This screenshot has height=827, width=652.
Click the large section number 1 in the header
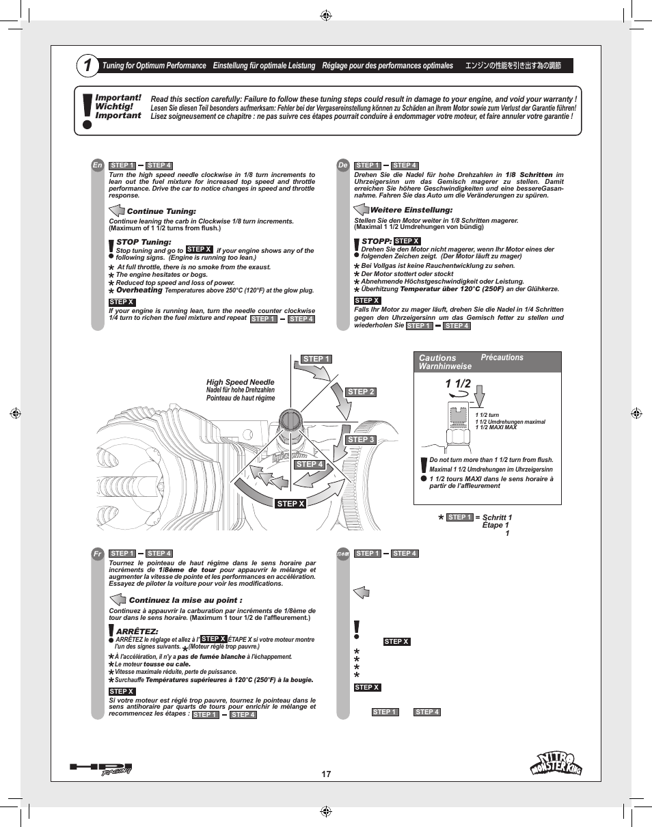point(87,66)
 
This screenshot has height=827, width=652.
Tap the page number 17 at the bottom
point(326,774)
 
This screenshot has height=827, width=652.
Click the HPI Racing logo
point(100,769)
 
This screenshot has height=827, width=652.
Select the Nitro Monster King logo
point(556,763)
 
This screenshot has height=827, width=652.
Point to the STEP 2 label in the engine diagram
point(361,392)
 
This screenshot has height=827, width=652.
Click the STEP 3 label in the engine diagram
point(361,439)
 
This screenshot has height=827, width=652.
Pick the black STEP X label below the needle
point(290,504)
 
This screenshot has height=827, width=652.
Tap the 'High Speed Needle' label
point(241,382)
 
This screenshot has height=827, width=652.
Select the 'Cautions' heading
point(437,357)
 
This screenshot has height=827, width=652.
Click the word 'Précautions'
point(502,357)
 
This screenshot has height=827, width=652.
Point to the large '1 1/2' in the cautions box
point(457,383)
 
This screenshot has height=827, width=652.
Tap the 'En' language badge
point(98,165)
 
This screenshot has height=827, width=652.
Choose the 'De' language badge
point(343,165)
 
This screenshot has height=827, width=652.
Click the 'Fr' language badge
point(98,554)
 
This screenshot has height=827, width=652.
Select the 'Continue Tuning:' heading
point(161,211)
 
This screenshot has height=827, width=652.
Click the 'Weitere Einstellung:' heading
point(411,210)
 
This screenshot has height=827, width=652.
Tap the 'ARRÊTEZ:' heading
point(137,631)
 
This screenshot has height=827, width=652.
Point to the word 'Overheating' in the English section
point(139,290)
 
